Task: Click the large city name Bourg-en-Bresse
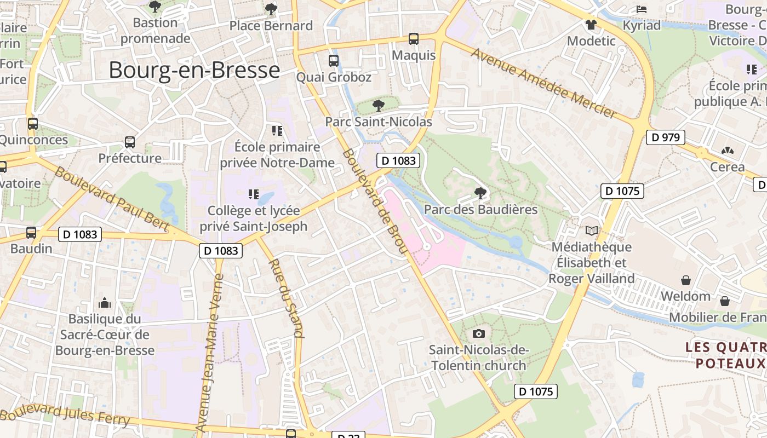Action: pos(194,71)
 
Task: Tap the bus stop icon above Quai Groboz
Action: pos(333,61)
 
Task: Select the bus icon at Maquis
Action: pos(414,39)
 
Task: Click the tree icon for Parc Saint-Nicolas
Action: pos(378,106)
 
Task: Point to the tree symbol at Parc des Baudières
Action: pos(480,193)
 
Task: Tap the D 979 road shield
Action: pos(666,137)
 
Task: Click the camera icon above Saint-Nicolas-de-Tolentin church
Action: pos(478,333)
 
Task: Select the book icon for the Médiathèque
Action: pos(592,231)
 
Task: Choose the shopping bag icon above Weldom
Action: pos(685,280)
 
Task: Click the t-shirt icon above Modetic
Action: pos(591,25)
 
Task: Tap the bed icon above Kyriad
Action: pos(642,9)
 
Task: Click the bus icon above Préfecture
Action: pos(130,142)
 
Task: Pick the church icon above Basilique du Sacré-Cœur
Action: pos(104,303)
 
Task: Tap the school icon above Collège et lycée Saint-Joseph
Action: pos(253,194)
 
